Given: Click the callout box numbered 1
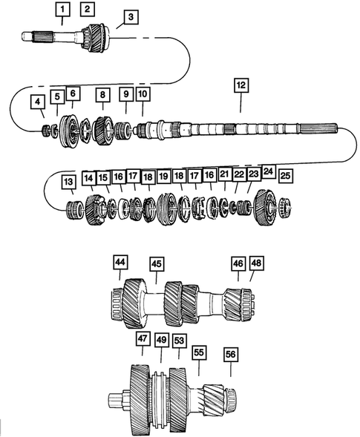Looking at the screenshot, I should point(64,10).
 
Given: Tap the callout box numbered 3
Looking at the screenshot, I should point(131,17).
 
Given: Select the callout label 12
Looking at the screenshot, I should point(239,86).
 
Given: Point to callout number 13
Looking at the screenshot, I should point(68,180).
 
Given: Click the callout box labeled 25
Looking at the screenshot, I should point(285,177).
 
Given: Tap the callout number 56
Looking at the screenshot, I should point(231,355).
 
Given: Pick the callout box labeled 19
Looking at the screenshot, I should point(163,177).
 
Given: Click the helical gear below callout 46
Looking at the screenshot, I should point(235,304).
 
